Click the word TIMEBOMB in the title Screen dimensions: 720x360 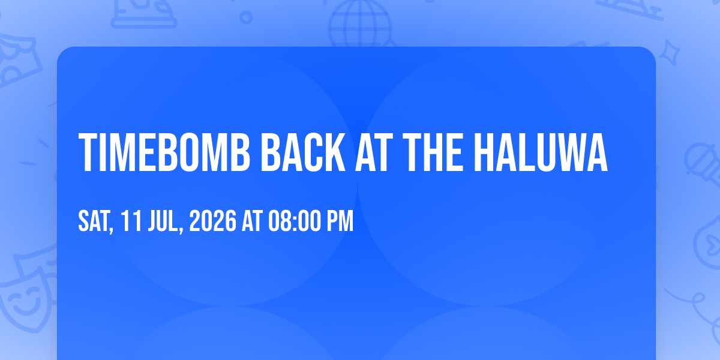coord(164,152)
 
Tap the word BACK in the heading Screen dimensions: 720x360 coord(303,152)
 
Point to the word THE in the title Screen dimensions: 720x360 coord(433,152)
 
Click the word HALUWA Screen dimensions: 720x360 coord(541,152)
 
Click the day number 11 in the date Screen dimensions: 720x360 coord(131,221)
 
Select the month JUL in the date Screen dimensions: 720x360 coord(165,221)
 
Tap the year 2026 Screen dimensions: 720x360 coord(213,221)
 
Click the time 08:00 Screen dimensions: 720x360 coord(295,221)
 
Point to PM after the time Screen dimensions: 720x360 coord(340,221)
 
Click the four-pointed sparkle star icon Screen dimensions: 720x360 coord(670,53)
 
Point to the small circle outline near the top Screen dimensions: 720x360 coord(246,17)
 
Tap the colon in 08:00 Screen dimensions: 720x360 coord(295,221)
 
